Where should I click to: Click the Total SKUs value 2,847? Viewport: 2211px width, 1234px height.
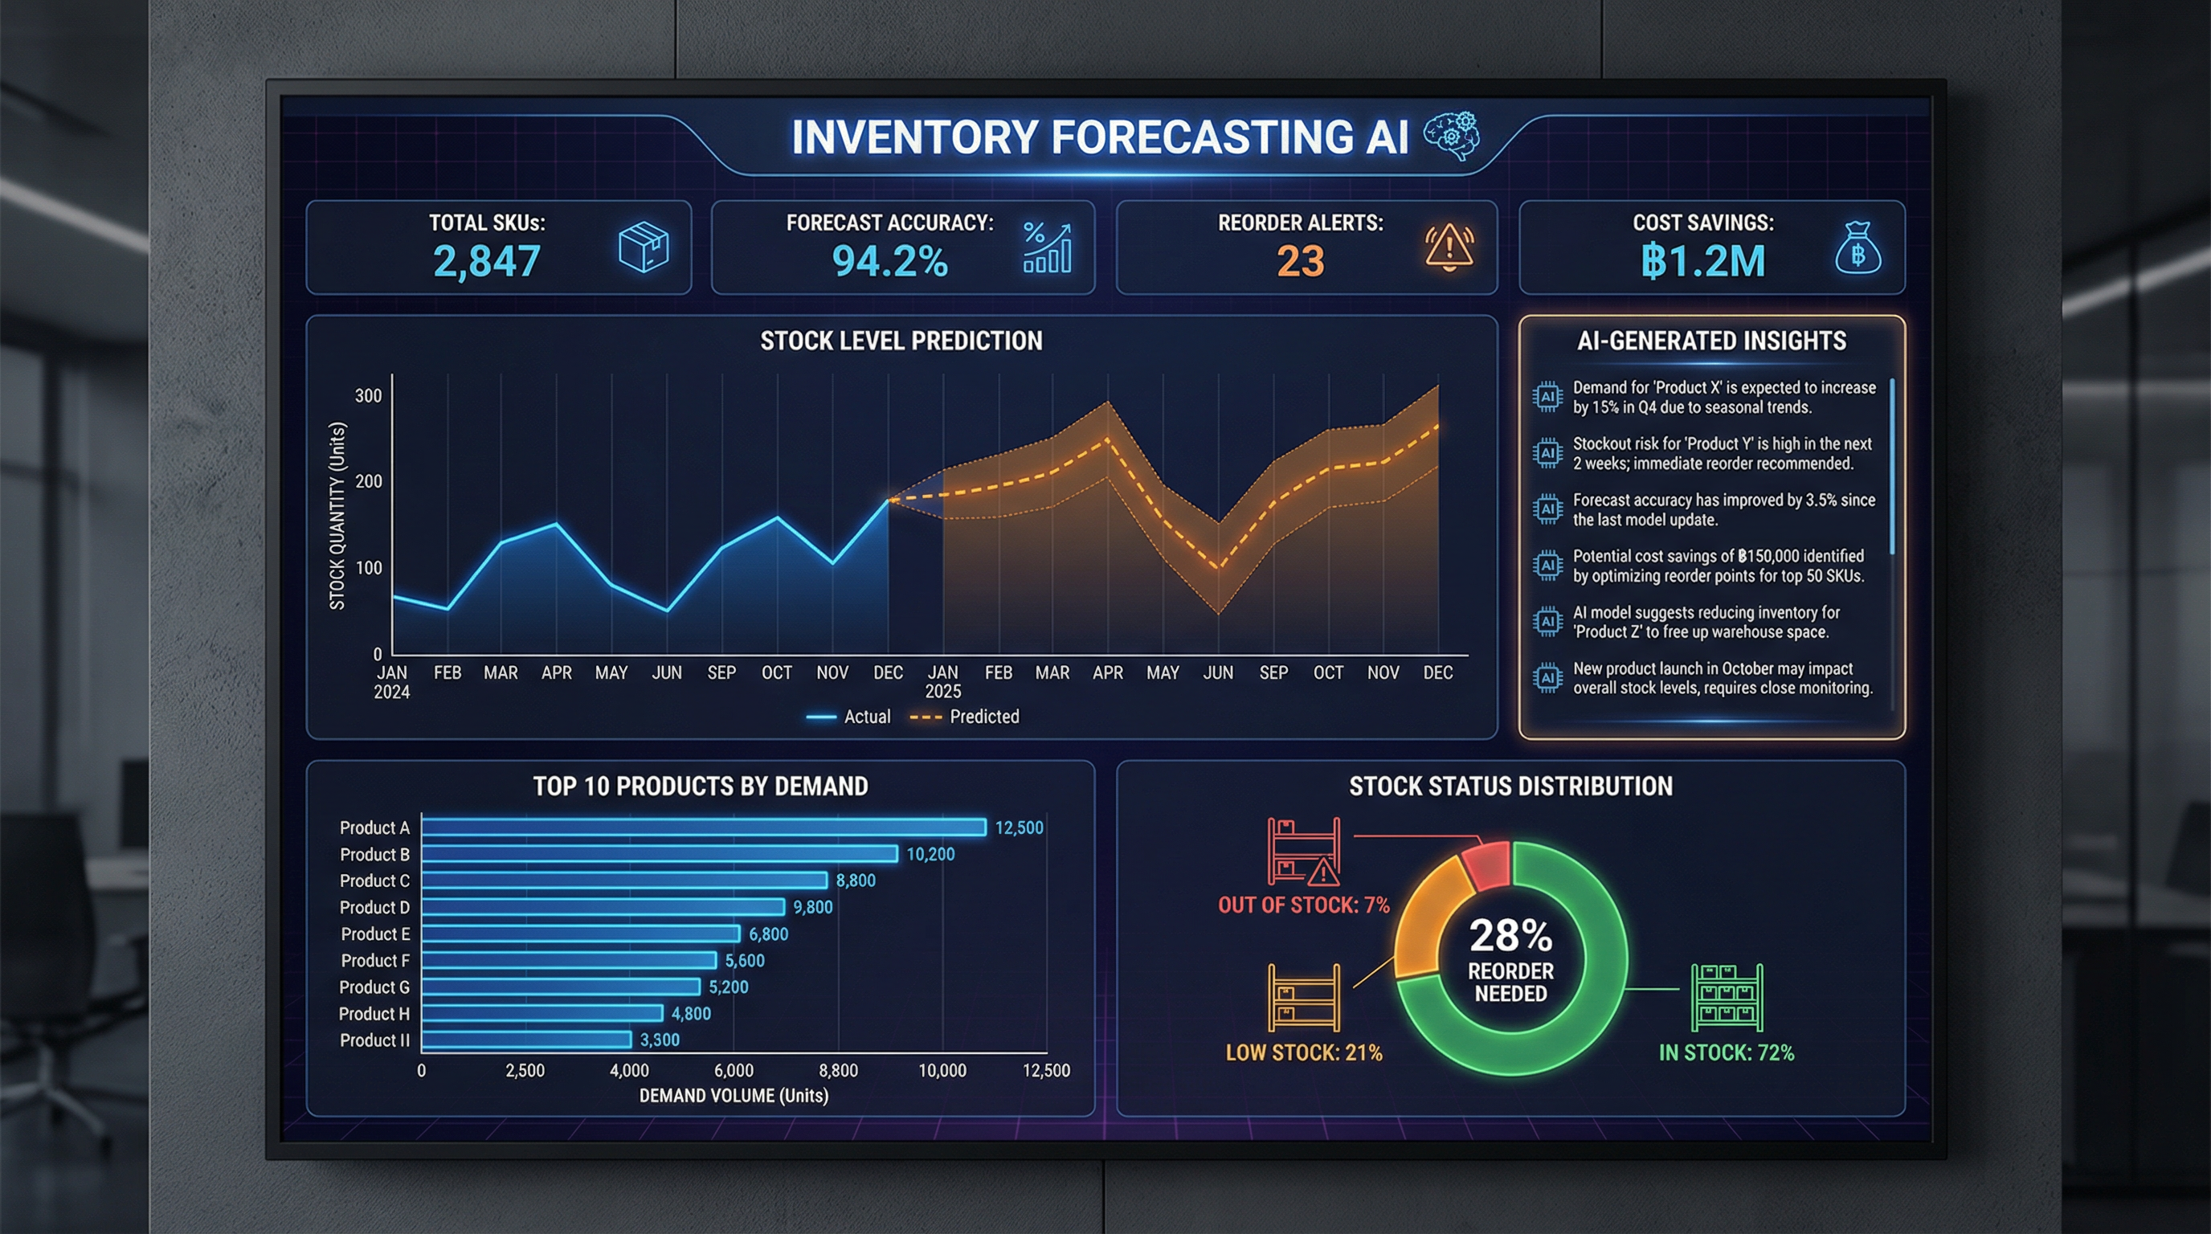487,261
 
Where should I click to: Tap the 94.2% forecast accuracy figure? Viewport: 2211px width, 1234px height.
889,261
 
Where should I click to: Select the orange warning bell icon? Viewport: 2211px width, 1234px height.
1449,247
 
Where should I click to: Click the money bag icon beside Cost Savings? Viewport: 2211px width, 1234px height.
1857,249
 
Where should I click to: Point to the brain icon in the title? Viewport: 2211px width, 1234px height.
1452,136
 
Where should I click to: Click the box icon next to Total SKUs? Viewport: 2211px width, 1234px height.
643,247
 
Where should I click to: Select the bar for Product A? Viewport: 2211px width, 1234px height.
704,827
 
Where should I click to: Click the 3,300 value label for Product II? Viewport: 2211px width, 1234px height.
659,1040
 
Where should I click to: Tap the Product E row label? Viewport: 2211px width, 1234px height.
375,934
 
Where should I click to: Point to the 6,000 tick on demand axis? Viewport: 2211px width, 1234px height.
734,1070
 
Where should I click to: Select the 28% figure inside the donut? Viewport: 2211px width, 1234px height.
1510,935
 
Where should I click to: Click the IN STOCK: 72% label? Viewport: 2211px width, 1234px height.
1726,1053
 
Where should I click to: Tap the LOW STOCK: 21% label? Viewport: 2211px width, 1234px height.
1304,1053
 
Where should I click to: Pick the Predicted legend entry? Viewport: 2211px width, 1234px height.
965,717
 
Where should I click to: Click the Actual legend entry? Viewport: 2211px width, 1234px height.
849,717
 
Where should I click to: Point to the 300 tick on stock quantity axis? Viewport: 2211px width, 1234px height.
368,395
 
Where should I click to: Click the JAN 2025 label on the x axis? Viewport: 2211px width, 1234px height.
942,681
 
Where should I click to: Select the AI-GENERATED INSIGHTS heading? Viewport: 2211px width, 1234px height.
1711,341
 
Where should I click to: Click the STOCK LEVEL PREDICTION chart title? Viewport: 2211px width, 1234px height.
901,341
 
